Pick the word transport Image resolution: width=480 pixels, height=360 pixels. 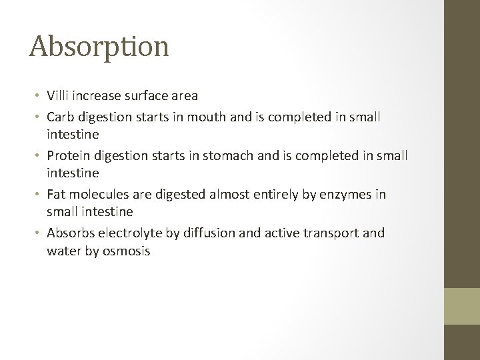(331, 233)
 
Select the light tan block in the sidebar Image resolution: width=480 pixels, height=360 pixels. (461, 305)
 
